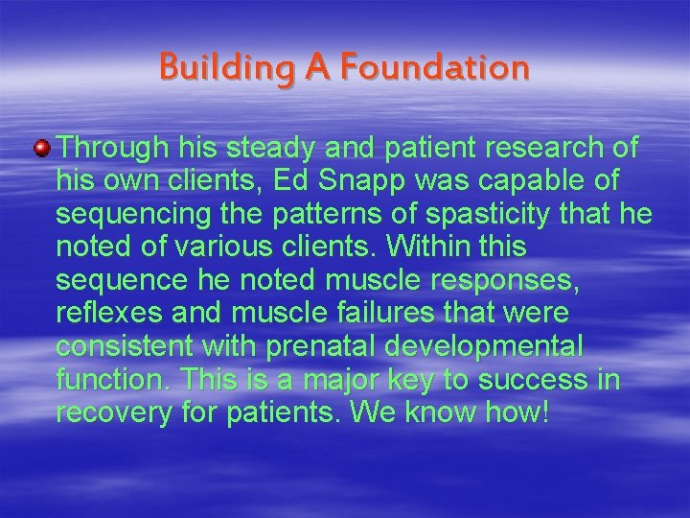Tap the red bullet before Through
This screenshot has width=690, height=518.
pyautogui.click(x=42, y=147)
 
